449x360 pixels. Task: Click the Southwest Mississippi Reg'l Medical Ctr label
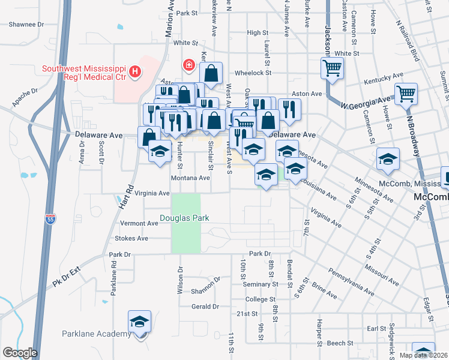coord(85,73)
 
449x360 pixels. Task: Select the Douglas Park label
coord(184,218)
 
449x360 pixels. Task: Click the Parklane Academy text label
coord(96,334)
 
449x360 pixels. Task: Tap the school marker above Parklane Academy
coord(139,323)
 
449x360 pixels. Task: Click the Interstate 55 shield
coord(50,220)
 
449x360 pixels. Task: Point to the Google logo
coord(20,353)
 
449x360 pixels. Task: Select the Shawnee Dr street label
coord(26,25)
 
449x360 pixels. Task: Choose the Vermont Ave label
coord(139,223)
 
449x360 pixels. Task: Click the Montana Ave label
coord(190,178)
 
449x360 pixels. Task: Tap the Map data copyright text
coord(423,355)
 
